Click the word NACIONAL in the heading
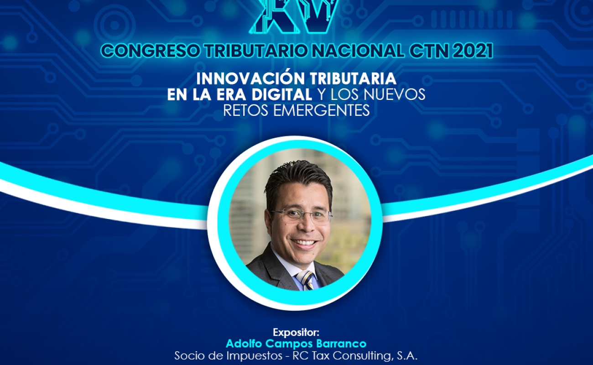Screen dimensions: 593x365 click(x=357, y=51)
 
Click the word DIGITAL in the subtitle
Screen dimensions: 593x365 click(x=282, y=95)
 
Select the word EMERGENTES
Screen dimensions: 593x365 click(x=322, y=110)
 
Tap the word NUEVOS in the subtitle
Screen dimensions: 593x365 click(x=395, y=95)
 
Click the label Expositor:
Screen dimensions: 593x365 click(x=296, y=332)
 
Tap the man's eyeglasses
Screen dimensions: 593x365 click(x=302, y=216)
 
